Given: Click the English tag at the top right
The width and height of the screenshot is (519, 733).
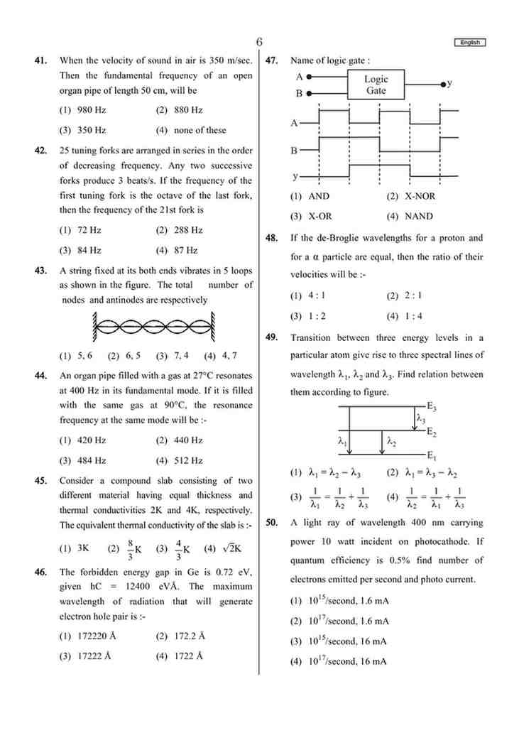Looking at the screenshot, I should click(469, 43).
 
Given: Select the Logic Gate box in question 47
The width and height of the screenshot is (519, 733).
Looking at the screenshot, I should click(376, 85).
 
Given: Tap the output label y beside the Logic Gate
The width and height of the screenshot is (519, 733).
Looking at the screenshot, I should click(449, 83).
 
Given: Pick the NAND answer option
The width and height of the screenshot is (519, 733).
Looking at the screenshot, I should click(410, 217).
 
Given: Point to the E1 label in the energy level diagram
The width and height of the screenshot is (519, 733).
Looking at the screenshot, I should click(431, 455).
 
